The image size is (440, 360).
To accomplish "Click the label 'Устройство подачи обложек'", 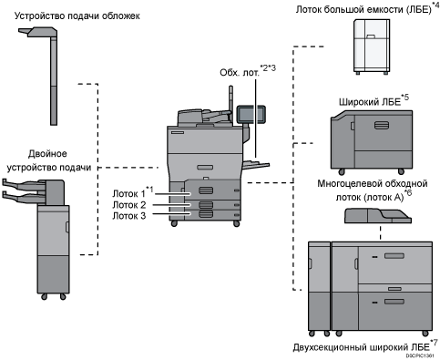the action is click(x=77, y=15).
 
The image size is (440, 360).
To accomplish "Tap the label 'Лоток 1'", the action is click(x=129, y=193).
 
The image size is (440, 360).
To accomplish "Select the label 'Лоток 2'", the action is click(x=129, y=205).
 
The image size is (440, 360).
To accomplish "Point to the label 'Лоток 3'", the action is click(x=129, y=216).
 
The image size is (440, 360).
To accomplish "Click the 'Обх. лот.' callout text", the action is click(x=240, y=73).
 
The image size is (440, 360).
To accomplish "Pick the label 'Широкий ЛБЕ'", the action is click(x=370, y=102).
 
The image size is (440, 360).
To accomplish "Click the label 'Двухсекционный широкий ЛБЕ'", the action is click(x=362, y=347).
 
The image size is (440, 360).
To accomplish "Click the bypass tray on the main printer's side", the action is click(x=256, y=164).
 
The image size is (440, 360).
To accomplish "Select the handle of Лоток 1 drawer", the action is click(x=206, y=190).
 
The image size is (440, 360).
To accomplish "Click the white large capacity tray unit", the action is click(x=372, y=46).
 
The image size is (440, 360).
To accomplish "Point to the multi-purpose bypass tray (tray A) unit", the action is click(x=378, y=216).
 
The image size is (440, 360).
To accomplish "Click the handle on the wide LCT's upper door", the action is click(x=382, y=125).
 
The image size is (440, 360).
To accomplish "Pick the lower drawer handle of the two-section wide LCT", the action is click(x=394, y=302).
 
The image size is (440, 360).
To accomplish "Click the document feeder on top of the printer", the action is click(x=203, y=117).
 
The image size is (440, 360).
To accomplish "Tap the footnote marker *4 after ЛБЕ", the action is click(x=435, y=5).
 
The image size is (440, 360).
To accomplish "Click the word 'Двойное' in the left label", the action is click(x=47, y=154).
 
